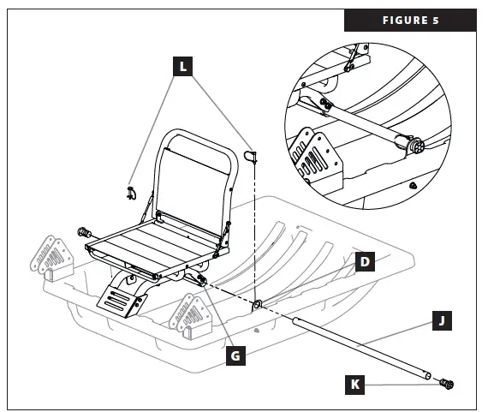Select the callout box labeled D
click(363, 261)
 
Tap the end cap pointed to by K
click(446, 383)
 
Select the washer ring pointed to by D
click(257, 304)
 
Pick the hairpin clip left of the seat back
click(130, 191)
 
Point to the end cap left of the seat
click(85, 232)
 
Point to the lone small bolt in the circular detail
click(414, 184)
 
